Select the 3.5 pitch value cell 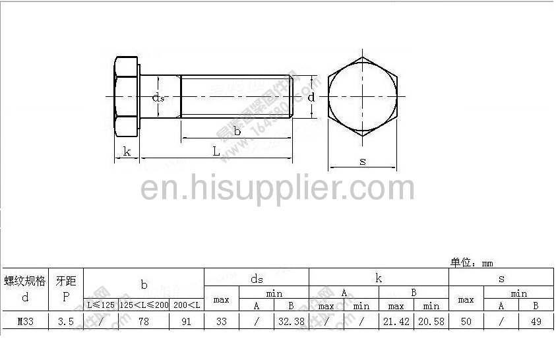65,322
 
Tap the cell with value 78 143,322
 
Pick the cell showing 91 186,322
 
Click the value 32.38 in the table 291,322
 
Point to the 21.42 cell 396,322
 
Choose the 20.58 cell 431,322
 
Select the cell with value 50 466,322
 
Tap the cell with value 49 536,322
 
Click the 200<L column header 187,305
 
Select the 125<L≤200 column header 144,305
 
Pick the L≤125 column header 101,305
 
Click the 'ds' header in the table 256,278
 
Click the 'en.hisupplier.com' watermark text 278,188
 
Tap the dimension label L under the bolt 216,151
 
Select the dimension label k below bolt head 127,152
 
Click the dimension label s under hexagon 363,161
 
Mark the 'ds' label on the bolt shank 158,98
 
